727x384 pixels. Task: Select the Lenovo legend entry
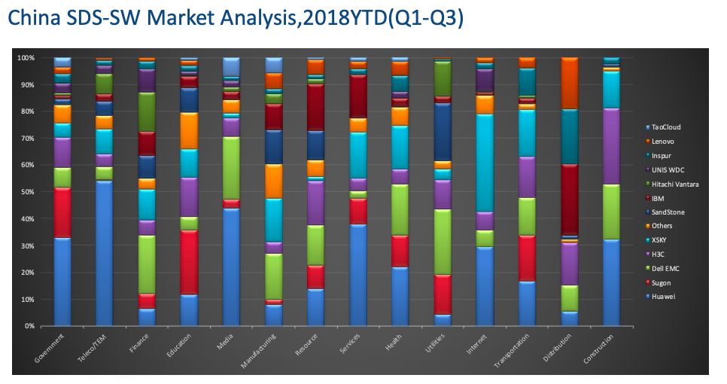pos(662,142)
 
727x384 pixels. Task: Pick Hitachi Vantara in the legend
pos(674,184)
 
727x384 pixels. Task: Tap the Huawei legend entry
pos(662,297)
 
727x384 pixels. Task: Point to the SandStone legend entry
pos(667,212)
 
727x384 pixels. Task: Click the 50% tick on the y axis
pos(27,192)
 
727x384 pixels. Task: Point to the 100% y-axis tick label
pos(26,58)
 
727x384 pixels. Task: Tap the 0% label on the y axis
pos(29,326)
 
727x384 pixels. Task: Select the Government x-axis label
pos(51,349)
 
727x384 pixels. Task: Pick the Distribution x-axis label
pos(560,349)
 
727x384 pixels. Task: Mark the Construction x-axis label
pos(600,350)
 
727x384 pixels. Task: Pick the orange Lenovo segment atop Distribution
pos(569,83)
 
